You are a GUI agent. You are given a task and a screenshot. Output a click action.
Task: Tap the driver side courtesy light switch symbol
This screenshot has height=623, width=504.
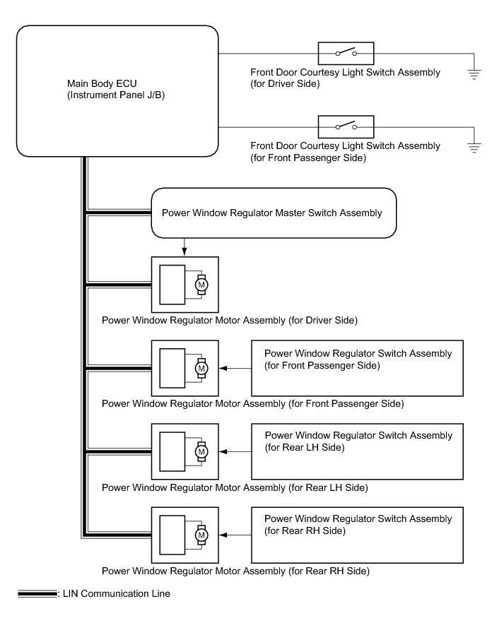coord(346,54)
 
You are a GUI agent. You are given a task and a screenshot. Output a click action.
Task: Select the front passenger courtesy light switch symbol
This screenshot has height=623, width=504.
coord(346,127)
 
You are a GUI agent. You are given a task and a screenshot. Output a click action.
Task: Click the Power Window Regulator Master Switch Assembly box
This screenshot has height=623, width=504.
coord(273,213)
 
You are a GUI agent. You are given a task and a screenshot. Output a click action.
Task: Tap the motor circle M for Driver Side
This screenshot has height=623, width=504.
coord(201,284)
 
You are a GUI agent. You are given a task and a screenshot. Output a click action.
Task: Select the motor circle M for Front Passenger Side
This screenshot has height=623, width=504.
coord(201,368)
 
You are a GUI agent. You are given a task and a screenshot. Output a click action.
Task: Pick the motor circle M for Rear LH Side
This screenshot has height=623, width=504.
coord(201,451)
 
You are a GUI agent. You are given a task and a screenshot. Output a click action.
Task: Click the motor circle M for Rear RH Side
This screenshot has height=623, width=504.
coord(201,535)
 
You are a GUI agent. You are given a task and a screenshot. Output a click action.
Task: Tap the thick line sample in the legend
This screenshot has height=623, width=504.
coord(37,594)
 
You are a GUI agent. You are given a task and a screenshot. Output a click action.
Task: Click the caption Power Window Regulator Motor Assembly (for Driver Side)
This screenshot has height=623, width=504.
coord(230,321)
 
